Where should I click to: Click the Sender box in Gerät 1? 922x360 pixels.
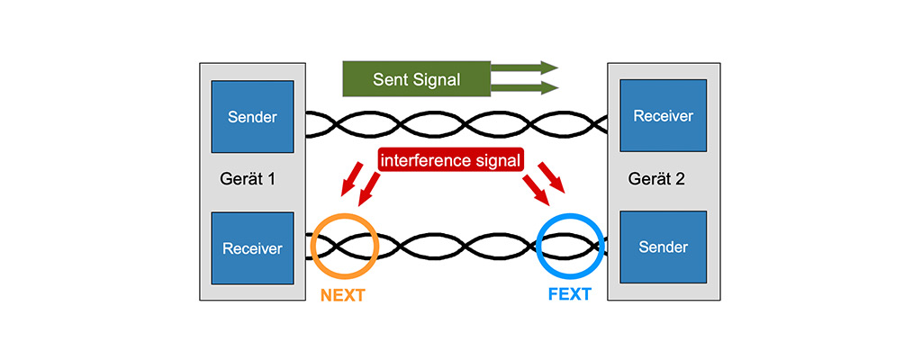click(252, 117)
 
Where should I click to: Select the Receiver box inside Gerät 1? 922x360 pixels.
click(252, 247)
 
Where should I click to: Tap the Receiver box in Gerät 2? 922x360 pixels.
click(663, 116)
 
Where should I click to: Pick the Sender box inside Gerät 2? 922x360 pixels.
click(663, 247)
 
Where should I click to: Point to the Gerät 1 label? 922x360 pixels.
click(247, 178)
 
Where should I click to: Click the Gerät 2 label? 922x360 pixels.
click(656, 178)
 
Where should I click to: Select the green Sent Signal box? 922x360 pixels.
click(416, 79)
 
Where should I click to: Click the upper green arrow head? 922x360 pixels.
click(549, 67)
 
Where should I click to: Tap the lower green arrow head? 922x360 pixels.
click(549, 87)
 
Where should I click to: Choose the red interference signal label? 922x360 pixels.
click(451, 161)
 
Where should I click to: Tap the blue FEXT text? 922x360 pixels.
click(569, 294)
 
